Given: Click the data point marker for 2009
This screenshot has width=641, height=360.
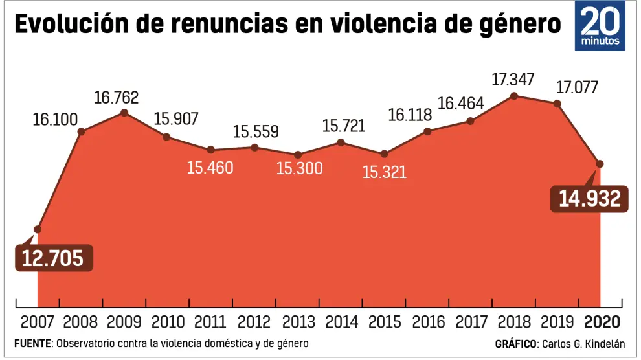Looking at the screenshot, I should click(x=124, y=113).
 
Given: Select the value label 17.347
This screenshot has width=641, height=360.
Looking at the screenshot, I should click(x=513, y=80).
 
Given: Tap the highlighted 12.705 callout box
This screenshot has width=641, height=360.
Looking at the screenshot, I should click(x=53, y=258).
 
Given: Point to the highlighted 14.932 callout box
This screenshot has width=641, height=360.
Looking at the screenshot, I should click(x=590, y=199).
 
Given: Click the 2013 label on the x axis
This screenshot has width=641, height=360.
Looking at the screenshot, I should click(x=298, y=322).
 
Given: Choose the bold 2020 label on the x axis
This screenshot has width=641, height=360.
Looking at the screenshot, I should click(x=602, y=322).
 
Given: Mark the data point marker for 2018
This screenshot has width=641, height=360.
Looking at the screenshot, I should click(x=514, y=96).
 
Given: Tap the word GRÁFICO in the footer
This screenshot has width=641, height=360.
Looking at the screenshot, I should click(x=515, y=343).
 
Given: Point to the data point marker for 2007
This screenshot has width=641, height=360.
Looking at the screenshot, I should click(x=38, y=229).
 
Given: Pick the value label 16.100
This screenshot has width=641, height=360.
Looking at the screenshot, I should click(x=55, y=120).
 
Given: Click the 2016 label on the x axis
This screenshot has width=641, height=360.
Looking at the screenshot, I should click(x=428, y=322).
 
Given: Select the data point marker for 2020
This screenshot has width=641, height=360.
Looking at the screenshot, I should click(x=600, y=163).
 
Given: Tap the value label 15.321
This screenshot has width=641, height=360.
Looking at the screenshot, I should click(x=384, y=172).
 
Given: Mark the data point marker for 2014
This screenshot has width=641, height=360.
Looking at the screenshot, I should click(x=341, y=142).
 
